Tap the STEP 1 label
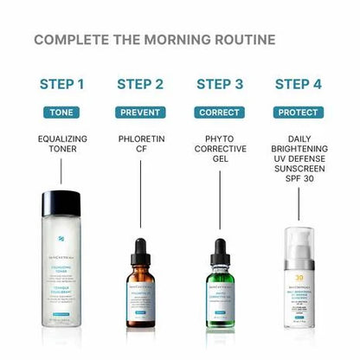point(62,84)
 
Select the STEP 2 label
point(139,84)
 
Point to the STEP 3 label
point(220,84)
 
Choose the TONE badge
point(62,112)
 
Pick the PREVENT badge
point(139,112)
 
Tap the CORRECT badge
point(220,112)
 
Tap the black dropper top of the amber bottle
point(140,247)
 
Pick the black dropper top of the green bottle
point(220,247)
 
